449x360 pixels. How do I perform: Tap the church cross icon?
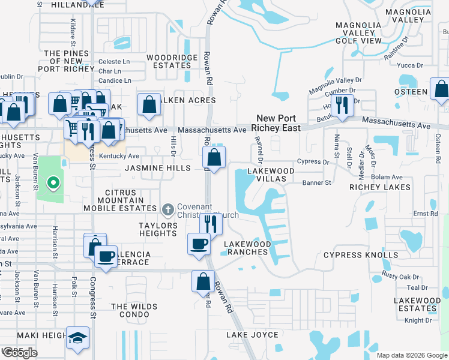(168, 210)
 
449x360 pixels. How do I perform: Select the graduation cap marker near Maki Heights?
(77, 338)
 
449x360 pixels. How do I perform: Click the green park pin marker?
(53, 183)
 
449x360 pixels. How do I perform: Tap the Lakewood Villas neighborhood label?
(271, 175)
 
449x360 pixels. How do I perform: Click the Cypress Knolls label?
(360, 255)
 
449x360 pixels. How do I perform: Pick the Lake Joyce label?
(252, 335)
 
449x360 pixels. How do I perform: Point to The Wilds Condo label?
(134, 310)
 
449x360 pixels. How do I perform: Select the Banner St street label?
(317, 182)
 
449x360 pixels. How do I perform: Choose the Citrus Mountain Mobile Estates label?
(120, 200)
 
